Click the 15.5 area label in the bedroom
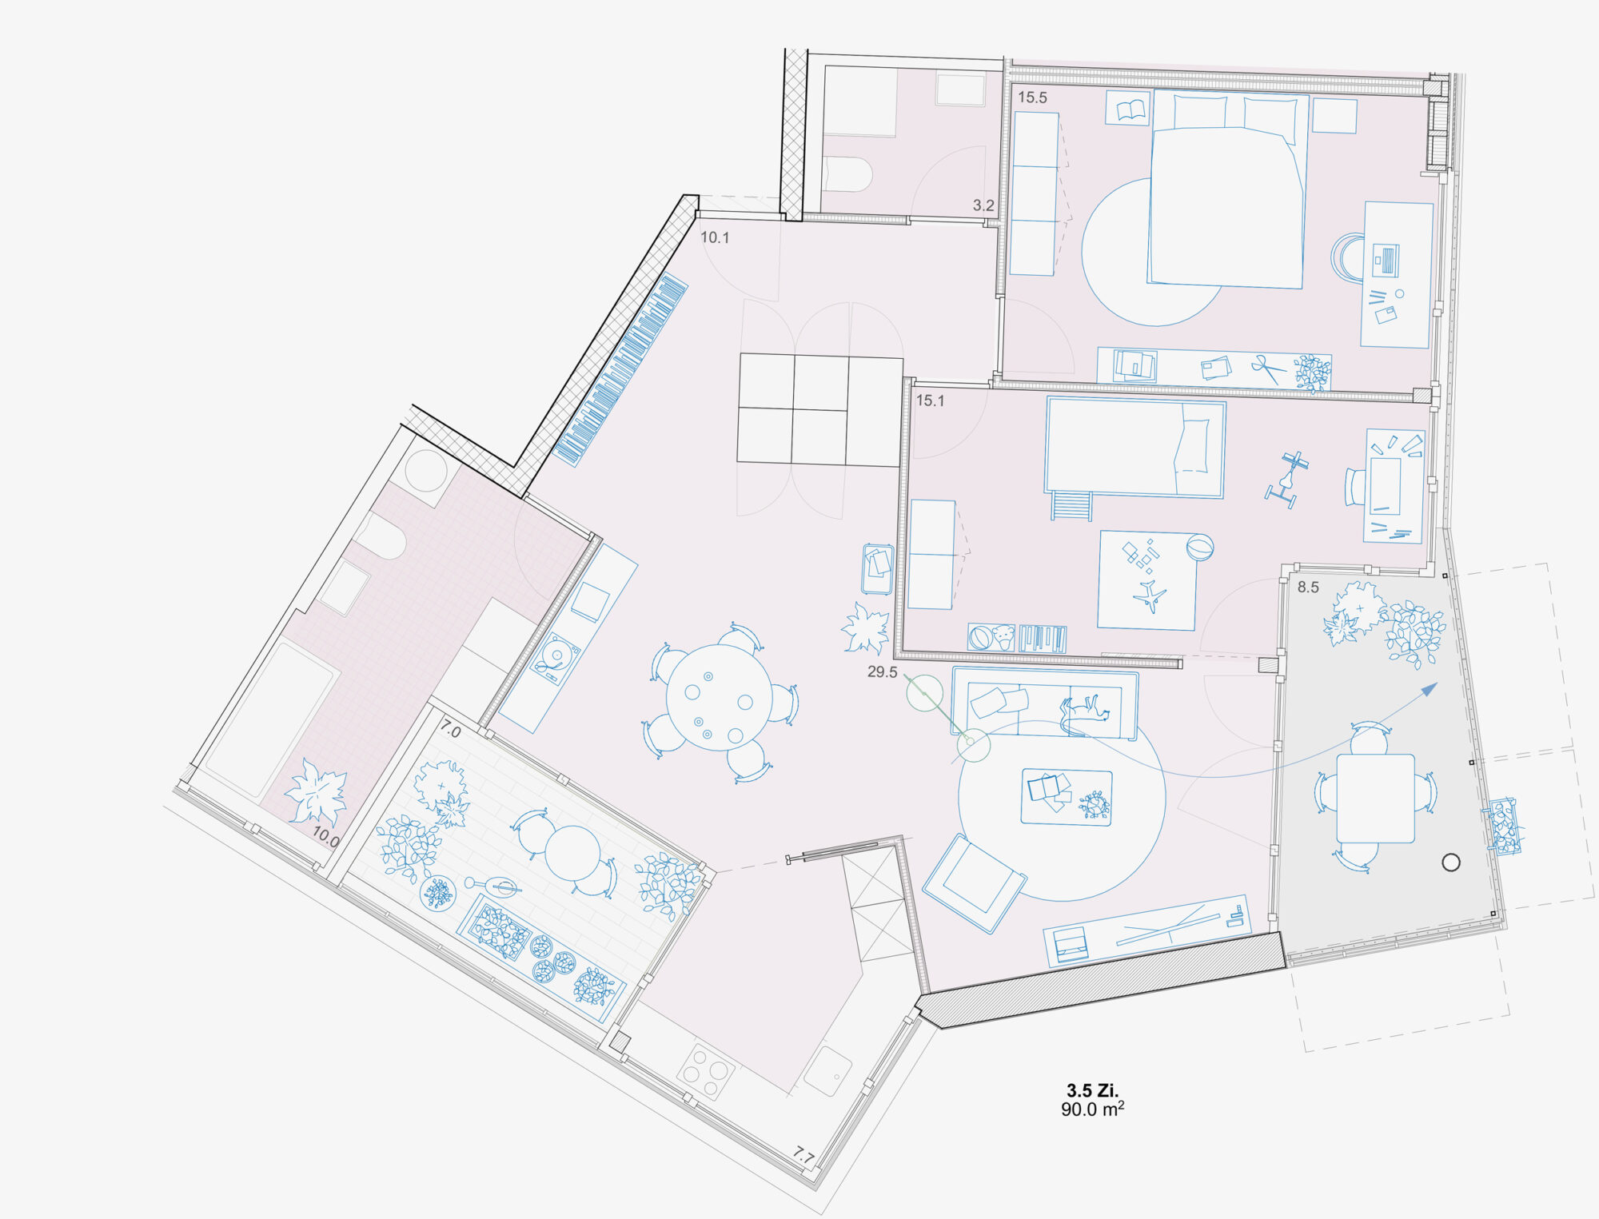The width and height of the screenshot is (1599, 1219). pos(1032,98)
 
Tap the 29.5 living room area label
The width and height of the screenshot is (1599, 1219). pos(882,672)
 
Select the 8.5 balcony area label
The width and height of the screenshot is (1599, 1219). pos(1308,587)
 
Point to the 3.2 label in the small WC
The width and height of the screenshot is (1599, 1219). pos(983,205)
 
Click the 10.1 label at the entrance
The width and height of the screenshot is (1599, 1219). pos(715,237)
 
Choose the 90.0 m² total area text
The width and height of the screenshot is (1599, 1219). pos(1092,1109)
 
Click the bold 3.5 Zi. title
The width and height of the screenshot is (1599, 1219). pos(1092,1090)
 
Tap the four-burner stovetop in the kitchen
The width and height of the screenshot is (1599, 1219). pos(707,1071)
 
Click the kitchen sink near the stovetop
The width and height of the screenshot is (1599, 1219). pos(827,1071)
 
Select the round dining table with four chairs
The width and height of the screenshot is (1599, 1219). pos(720,697)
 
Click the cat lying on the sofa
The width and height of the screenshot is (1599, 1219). pos(1084,713)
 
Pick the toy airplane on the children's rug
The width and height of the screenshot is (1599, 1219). pos(1150,596)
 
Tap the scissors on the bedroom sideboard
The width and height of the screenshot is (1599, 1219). pos(1269,368)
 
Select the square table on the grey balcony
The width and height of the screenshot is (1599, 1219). pos(1375,798)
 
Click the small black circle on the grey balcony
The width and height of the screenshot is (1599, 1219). pos(1451,862)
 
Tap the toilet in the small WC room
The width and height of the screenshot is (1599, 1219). pos(847,173)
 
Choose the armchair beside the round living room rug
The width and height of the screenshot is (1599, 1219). pos(974,882)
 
